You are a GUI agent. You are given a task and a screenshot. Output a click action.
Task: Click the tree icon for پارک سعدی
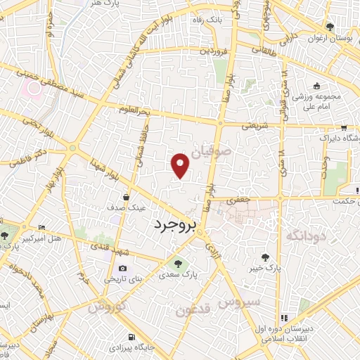point(176,264)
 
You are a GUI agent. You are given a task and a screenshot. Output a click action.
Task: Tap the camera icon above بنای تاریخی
point(123,268)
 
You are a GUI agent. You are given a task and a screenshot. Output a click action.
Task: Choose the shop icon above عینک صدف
point(124,197)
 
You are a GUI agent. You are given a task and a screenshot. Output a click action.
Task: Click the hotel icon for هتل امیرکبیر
point(41,227)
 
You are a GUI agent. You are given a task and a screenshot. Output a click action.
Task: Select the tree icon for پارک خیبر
point(265,257)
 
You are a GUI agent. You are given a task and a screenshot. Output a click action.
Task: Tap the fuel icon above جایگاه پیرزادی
point(129,336)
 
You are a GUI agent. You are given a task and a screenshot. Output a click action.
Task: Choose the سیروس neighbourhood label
point(239,302)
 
